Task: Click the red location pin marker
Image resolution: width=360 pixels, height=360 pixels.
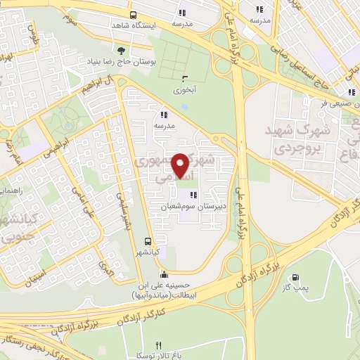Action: [x=181, y=166]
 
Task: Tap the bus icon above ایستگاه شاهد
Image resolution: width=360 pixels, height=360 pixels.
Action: [x=133, y=14]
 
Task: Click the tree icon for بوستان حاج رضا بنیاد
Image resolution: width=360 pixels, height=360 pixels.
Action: [x=120, y=50]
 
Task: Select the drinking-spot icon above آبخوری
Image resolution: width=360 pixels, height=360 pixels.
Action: [x=184, y=79]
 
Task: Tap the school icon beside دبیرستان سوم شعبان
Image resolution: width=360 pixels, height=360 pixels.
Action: [x=193, y=195]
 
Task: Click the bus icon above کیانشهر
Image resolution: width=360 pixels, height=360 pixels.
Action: [x=147, y=240]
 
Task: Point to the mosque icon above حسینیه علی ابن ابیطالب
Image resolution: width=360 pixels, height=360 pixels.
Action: [x=164, y=274]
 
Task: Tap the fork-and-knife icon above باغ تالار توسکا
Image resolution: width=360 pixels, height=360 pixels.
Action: [x=158, y=345]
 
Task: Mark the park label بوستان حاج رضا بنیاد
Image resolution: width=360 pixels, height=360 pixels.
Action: [x=116, y=63]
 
